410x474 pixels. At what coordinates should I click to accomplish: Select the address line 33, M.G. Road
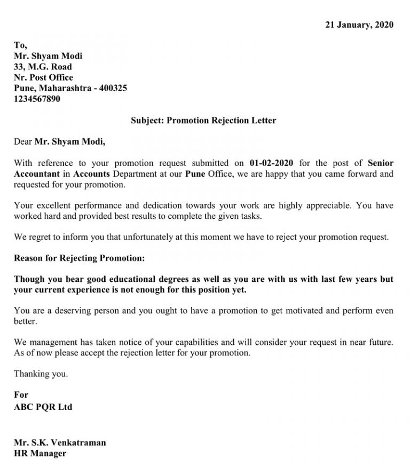[43, 67]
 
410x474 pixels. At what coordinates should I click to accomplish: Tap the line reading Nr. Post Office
[43, 77]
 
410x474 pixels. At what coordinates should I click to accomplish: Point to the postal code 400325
[113, 88]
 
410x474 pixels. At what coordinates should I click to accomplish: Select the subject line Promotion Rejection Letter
[203, 120]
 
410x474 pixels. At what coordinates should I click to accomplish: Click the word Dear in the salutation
[23, 141]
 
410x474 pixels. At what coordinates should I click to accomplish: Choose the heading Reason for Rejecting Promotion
[79, 258]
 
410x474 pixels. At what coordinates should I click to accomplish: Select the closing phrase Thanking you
[41, 374]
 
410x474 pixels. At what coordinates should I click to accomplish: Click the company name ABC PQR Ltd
[43, 407]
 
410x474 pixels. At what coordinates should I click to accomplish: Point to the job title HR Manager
[40, 453]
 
